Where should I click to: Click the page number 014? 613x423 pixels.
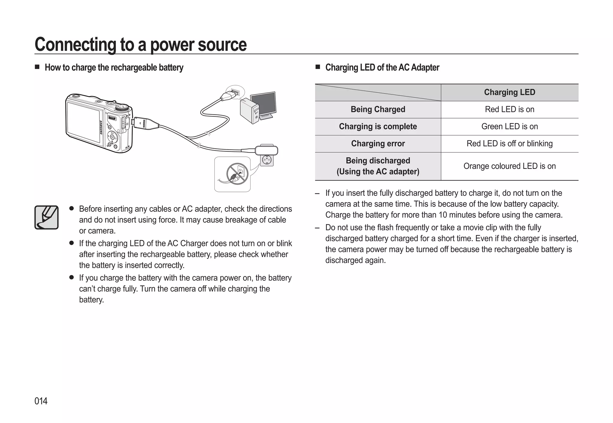pos(41,401)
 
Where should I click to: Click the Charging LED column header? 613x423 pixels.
pos(509,92)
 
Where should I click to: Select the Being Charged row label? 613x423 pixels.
pos(378,109)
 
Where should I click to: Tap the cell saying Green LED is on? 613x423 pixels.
pos(509,126)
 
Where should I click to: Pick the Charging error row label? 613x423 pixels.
pos(378,143)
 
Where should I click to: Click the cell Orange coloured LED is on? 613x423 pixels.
pos(509,166)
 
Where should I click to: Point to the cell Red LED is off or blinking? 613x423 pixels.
pos(509,143)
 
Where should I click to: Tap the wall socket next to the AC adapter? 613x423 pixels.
pos(267,160)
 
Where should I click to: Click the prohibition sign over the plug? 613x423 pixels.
pos(237,174)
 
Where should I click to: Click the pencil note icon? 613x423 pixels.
pos(46,217)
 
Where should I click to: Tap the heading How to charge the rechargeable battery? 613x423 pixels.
pos(114,68)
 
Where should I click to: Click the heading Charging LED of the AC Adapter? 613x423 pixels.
pos(382,68)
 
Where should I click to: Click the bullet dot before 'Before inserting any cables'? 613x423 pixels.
pos(72,208)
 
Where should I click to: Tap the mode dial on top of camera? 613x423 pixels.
pos(123,108)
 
